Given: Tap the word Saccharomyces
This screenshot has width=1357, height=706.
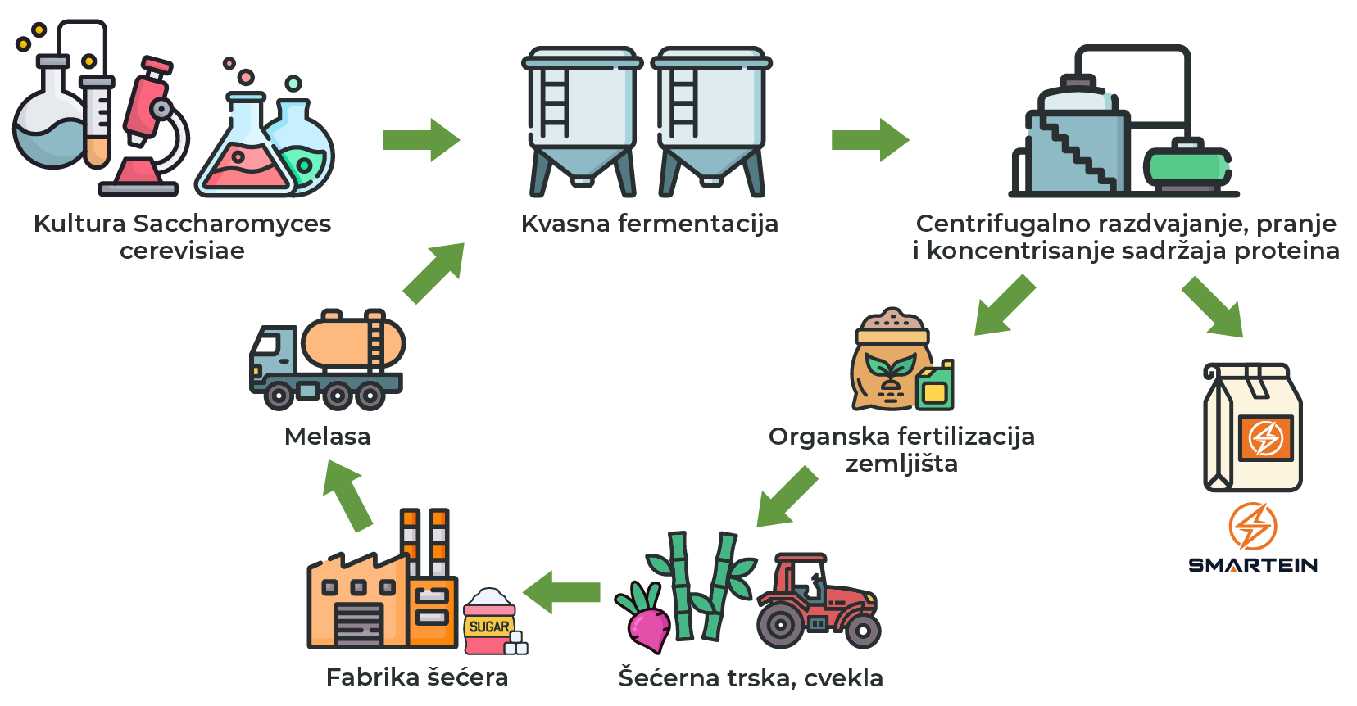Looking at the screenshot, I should click(x=232, y=224).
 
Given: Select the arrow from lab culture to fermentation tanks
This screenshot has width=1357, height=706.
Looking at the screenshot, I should click(x=420, y=140).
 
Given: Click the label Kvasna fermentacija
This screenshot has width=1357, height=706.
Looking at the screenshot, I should click(x=649, y=224).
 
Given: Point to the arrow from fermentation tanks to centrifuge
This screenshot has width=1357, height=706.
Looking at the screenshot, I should click(x=869, y=140).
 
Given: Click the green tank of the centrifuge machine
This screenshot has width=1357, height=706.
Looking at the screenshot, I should click(x=1187, y=167).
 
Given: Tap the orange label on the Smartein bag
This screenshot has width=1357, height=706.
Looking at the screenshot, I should click(x=1265, y=437).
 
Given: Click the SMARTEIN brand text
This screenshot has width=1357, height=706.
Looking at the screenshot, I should click(x=1253, y=564).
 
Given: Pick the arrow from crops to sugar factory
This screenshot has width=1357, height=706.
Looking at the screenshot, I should click(x=563, y=592).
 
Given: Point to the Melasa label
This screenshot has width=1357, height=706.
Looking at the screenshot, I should click(x=327, y=437).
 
